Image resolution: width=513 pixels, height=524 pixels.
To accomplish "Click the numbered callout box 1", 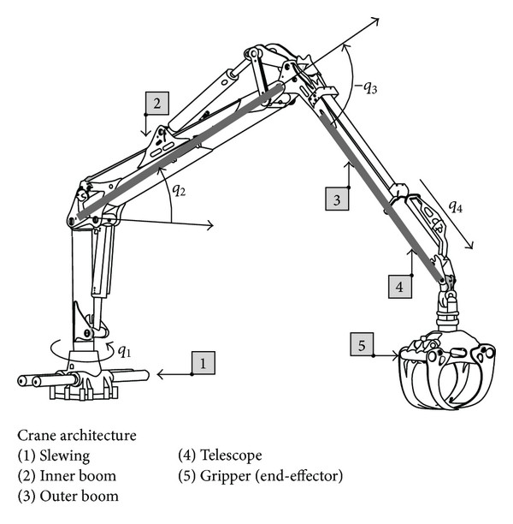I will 203,363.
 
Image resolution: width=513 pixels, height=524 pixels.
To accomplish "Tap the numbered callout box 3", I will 337,199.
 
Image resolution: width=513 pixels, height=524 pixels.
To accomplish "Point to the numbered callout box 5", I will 362,345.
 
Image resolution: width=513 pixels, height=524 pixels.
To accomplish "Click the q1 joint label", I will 124,351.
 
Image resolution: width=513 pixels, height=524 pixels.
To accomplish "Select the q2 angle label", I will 178,190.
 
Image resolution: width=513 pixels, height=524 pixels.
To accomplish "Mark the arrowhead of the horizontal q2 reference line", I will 209,226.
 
